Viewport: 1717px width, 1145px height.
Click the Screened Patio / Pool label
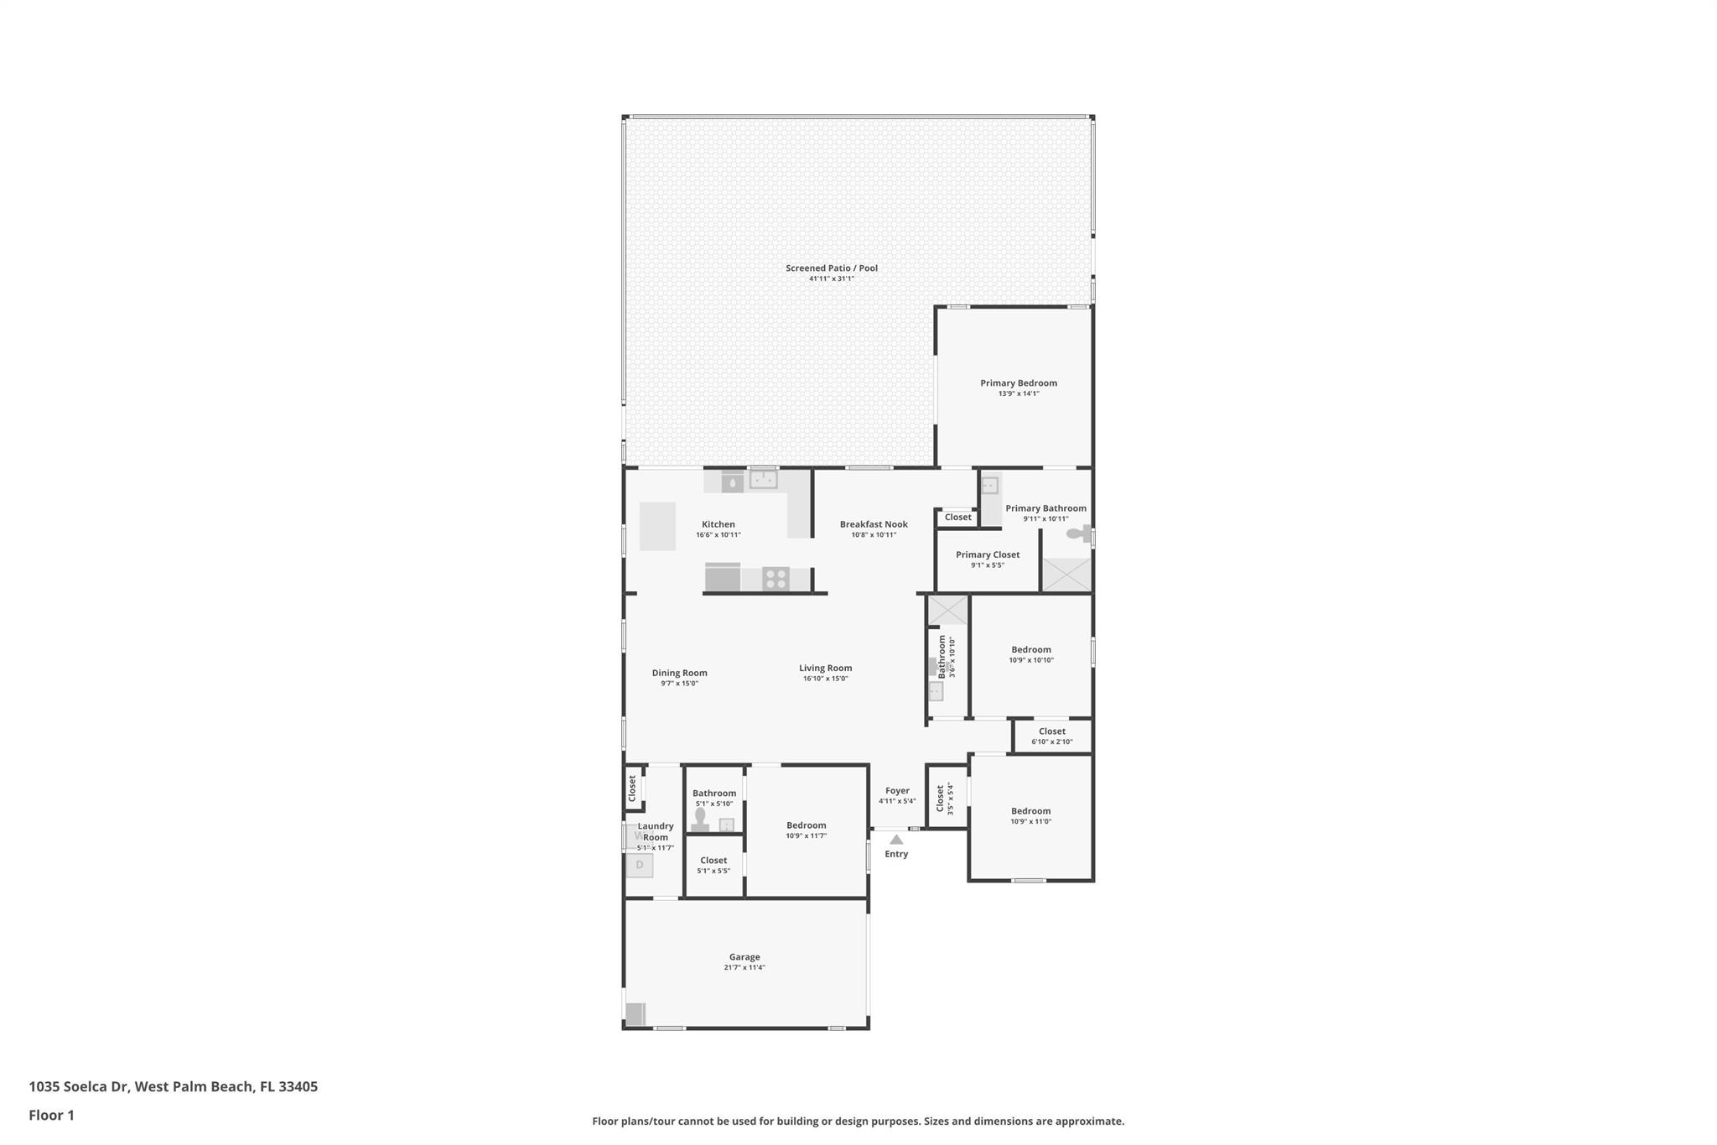coord(831,268)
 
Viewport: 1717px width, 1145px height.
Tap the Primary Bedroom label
coord(1019,383)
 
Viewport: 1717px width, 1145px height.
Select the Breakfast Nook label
coord(874,524)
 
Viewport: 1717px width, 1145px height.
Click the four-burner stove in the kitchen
coord(776,579)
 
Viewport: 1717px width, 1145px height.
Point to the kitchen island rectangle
coord(657,526)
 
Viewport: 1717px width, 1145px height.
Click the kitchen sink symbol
coord(763,480)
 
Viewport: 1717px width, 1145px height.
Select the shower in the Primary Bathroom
coord(1066,575)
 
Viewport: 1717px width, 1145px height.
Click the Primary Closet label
coord(988,554)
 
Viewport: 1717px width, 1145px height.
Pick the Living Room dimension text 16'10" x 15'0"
coord(826,679)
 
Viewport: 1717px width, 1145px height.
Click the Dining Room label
coord(679,673)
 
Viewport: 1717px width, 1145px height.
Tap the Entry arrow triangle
coord(896,840)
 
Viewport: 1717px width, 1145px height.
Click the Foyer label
coord(897,791)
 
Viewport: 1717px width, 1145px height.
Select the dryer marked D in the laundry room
coord(640,865)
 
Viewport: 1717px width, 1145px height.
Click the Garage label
coord(744,957)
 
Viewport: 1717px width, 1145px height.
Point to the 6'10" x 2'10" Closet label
coord(1052,731)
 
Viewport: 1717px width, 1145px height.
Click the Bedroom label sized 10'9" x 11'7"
coord(806,825)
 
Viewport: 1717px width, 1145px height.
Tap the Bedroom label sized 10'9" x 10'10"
coord(1031,649)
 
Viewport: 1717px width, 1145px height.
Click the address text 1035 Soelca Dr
coord(79,1086)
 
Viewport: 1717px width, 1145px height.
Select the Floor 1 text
coord(51,1115)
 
